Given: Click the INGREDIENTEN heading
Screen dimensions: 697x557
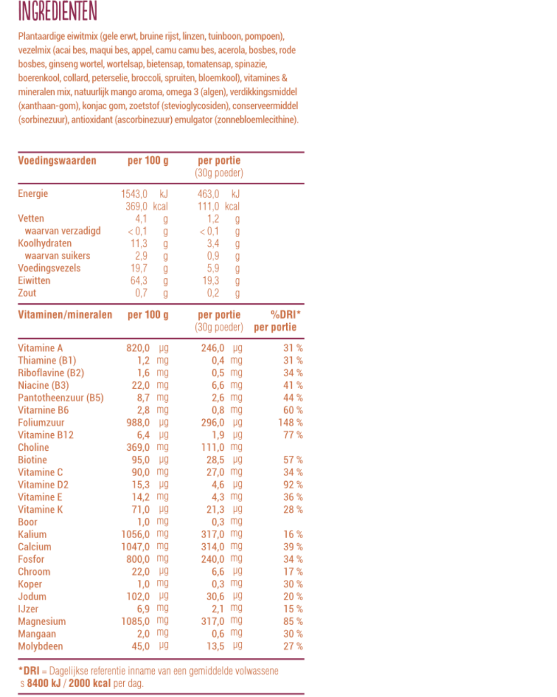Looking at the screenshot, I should [x=57, y=11].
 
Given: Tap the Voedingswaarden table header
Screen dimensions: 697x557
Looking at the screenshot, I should [x=57, y=161].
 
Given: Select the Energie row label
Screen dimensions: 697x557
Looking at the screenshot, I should [x=32, y=194].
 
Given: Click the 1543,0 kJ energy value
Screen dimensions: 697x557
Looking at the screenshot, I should [x=134, y=194].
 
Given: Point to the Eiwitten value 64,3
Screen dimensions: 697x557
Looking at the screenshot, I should [x=139, y=281].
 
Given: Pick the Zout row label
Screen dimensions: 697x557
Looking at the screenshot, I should [x=27, y=293].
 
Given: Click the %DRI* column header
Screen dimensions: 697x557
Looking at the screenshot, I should [x=285, y=314].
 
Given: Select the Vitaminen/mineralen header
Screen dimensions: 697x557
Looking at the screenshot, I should [x=65, y=315].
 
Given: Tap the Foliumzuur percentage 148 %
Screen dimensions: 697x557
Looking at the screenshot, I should [x=290, y=423].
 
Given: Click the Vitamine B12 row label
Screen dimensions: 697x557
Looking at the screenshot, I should [x=45, y=435].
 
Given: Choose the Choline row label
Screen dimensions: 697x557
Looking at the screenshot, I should [x=33, y=448].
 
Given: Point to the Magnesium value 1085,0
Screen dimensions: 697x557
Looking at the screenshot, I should [x=135, y=622].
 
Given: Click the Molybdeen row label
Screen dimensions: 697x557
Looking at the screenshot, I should [x=40, y=646].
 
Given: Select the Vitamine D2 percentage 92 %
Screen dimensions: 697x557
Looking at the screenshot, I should [x=292, y=485].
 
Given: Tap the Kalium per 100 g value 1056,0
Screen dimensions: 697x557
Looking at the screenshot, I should [x=135, y=534].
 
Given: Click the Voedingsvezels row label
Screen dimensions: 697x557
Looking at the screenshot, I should [x=49, y=268].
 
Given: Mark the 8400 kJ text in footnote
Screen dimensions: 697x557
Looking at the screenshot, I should [x=44, y=684].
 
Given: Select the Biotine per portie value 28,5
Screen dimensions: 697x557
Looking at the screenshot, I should [x=215, y=460].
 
